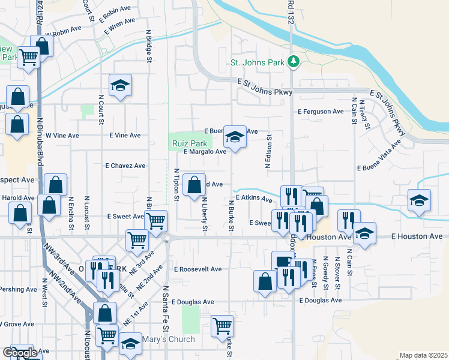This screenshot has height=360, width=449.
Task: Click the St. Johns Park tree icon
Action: (294, 61)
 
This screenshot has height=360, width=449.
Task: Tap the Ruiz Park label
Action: (190, 144)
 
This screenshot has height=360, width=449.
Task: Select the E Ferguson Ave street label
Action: (321, 112)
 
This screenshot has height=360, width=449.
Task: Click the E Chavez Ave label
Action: (125, 166)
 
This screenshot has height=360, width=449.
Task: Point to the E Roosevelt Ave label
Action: (198, 269)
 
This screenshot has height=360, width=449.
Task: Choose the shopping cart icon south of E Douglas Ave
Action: (222, 326)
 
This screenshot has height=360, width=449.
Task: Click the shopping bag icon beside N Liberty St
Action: (194, 185)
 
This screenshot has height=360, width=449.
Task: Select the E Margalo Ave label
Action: (205, 152)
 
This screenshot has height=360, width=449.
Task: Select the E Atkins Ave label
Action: (254, 197)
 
